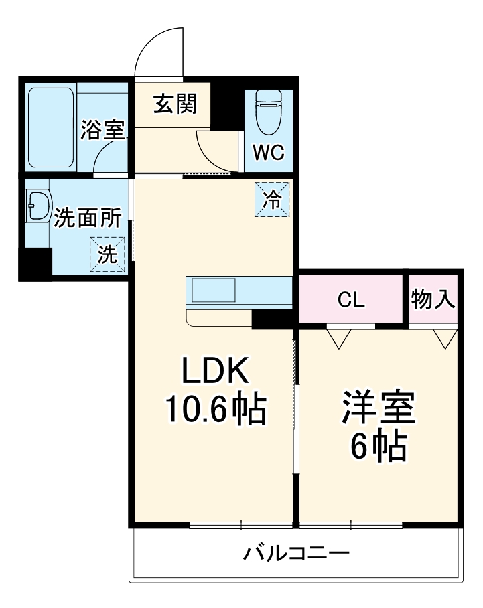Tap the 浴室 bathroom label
(x=102, y=129)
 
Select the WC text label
(x=268, y=152)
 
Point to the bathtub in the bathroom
(x=52, y=128)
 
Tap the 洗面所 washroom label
(x=88, y=218)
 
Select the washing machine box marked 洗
(x=107, y=254)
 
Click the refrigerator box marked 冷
(x=272, y=200)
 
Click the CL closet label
(x=351, y=301)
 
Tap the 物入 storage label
(x=433, y=299)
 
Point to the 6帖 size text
(x=378, y=445)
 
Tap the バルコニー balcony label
(x=295, y=554)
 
